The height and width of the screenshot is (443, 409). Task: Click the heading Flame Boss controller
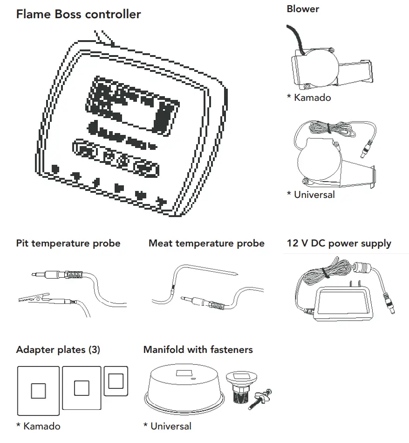click(x=78, y=14)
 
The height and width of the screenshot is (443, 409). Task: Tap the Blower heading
click(x=303, y=9)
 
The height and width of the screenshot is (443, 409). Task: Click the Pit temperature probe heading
click(x=68, y=243)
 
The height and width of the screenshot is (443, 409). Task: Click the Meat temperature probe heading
click(x=206, y=243)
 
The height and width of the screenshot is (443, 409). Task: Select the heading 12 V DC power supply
click(x=339, y=243)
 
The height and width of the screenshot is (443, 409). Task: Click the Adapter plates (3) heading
click(x=58, y=350)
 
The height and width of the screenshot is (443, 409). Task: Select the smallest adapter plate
click(x=116, y=381)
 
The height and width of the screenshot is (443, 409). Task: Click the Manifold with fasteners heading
click(x=198, y=350)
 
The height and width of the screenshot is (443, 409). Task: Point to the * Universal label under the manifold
click(x=167, y=426)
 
